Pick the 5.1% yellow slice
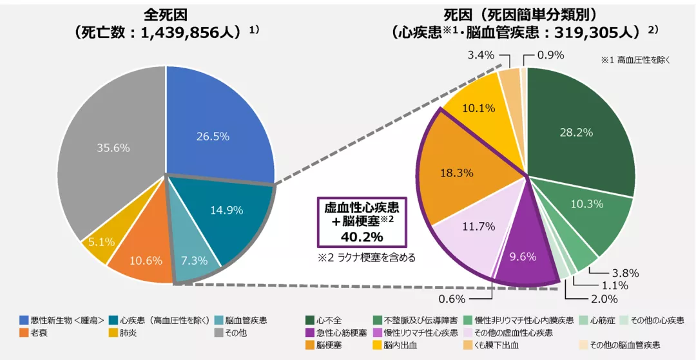tap(101, 242)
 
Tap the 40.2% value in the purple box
tap(361, 236)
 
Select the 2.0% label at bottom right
tap(604, 299)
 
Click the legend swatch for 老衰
tap(24, 333)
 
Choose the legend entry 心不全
tap(329, 320)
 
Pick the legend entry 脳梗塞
tap(329, 346)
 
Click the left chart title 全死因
tap(165, 14)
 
